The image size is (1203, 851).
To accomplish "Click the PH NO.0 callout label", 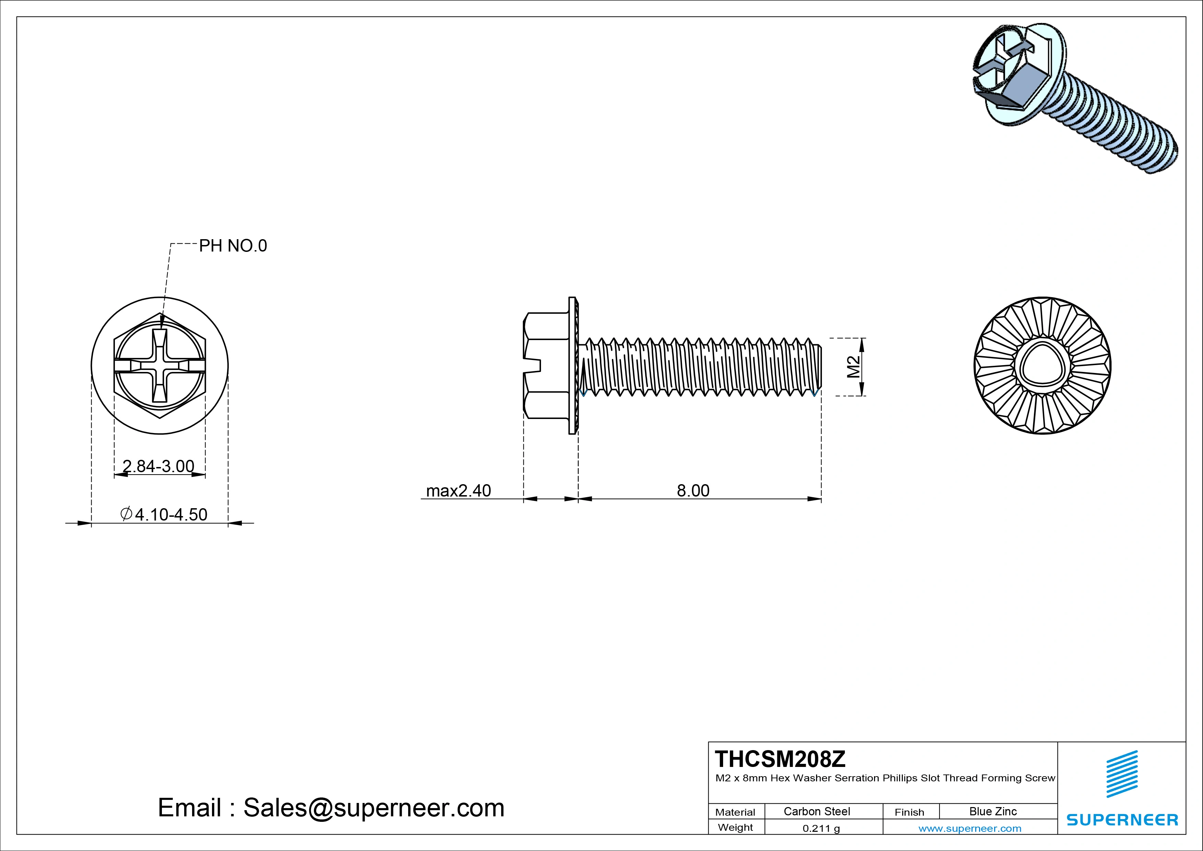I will (x=233, y=246).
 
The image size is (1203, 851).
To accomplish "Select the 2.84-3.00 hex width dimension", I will (x=158, y=466).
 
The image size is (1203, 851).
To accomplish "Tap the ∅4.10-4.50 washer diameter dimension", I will (x=165, y=515).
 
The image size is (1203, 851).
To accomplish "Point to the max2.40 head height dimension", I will (x=459, y=491).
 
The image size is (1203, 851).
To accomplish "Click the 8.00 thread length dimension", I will (x=693, y=491).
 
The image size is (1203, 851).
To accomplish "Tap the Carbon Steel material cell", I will (x=817, y=812).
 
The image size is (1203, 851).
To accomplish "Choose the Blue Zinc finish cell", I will (x=993, y=812).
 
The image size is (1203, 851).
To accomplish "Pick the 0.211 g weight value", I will (x=821, y=828).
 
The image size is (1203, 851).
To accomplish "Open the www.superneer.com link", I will (x=970, y=828).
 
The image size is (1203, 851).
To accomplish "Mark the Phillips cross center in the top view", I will (x=160, y=366).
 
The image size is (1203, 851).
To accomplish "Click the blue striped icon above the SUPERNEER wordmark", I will (x=1122, y=774).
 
